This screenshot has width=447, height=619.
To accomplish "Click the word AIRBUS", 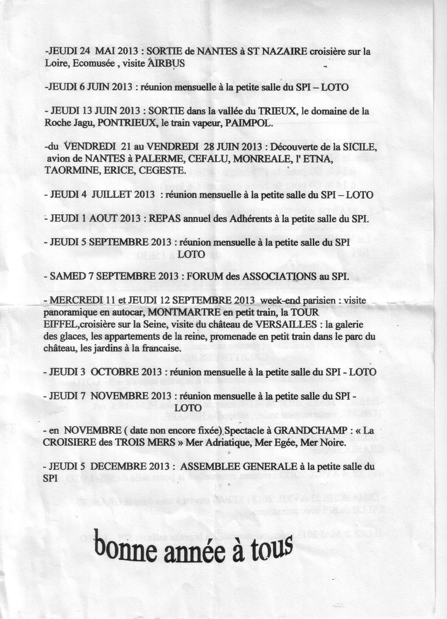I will [x=166, y=64].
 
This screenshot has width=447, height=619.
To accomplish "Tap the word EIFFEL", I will [x=58, y=323].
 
